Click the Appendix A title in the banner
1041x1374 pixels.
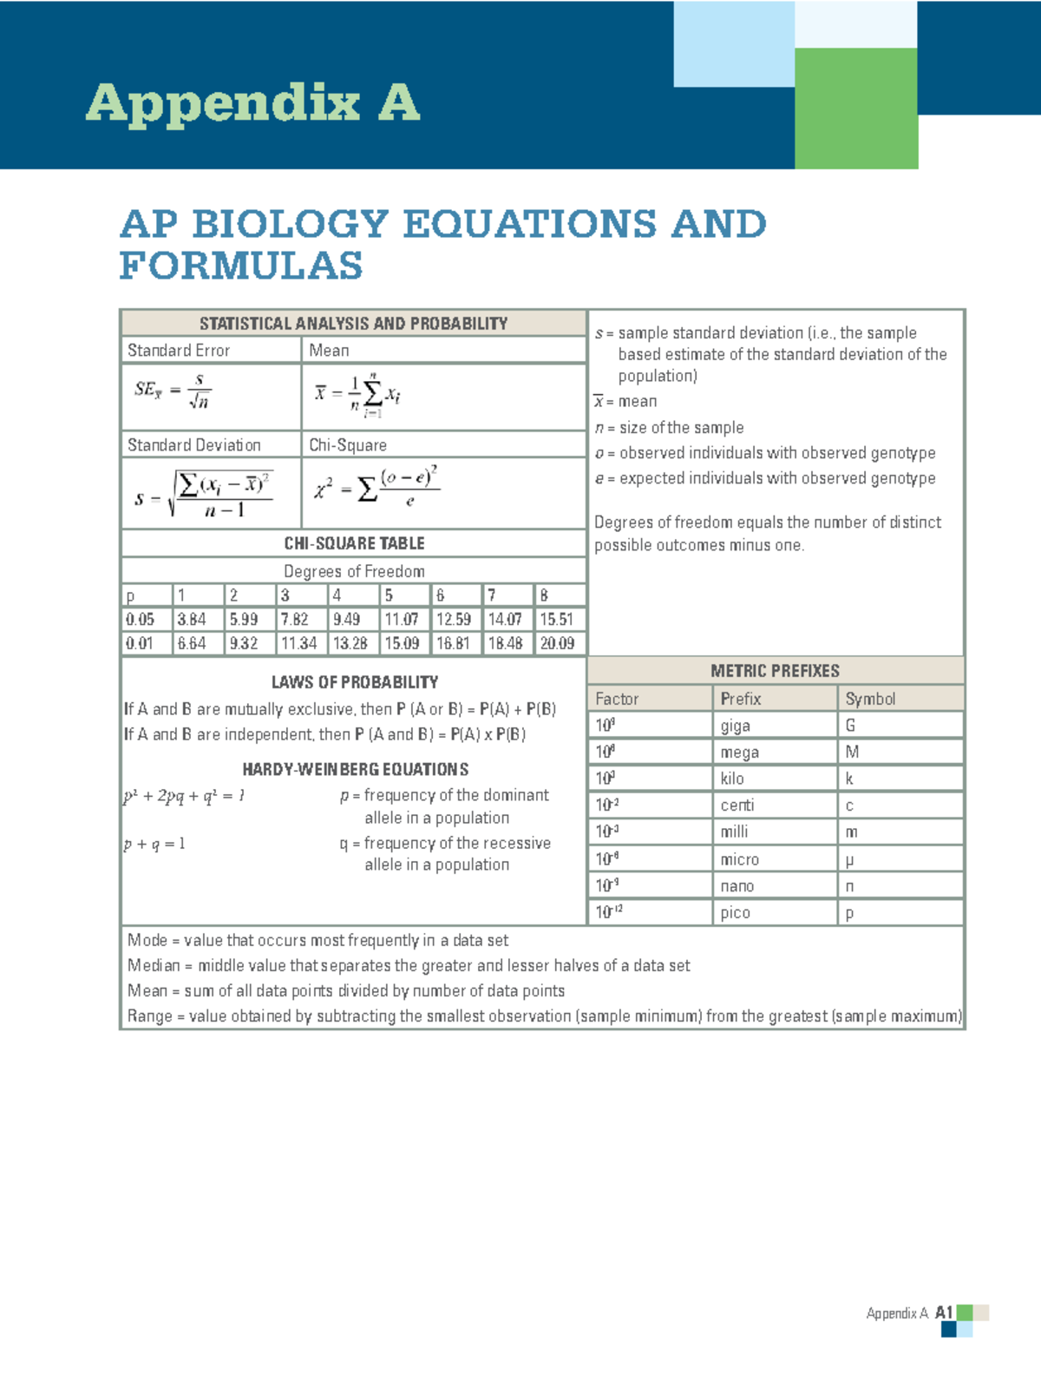252,103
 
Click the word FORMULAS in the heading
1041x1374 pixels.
241,266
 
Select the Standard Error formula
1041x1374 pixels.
173,391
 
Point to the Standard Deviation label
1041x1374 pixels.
193,445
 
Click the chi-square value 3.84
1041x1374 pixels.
191,620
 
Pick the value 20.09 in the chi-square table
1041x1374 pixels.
557,644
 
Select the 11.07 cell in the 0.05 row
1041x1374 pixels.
401,620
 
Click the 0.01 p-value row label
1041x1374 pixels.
140,644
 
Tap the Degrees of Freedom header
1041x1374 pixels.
354,572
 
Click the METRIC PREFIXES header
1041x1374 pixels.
775,671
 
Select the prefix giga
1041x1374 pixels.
735,726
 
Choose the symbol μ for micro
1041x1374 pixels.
849,860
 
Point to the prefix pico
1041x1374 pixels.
735,913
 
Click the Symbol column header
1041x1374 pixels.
870,699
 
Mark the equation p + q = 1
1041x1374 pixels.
154,844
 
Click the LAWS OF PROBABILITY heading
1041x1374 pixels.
354,682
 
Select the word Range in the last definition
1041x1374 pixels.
149,1016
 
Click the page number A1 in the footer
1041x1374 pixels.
944,1313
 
